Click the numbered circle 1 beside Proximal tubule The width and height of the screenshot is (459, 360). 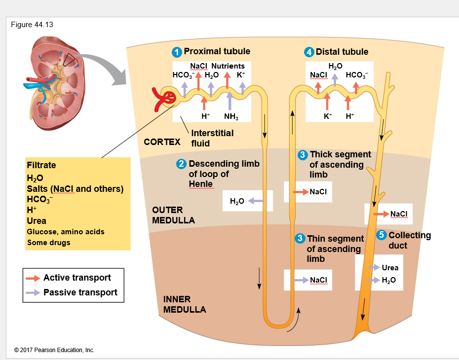click(177, 52)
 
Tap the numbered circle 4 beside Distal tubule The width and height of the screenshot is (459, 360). click(309, 52)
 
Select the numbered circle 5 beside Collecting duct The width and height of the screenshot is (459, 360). click(381, 235)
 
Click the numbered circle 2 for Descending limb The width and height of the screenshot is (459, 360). click(182, 164)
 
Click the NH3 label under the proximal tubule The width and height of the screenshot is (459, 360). click(230, 116)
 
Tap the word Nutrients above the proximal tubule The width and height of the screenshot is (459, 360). click(228, 66)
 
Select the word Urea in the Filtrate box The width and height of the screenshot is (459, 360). click(37, 221)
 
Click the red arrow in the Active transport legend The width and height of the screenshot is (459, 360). click(34, 278)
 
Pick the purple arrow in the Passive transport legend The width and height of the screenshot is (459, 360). click(34, 292)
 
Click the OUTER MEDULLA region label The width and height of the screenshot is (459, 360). click(173, 215)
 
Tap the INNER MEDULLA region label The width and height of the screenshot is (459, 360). click(184, 304)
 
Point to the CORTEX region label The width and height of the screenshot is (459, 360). click(162, 142)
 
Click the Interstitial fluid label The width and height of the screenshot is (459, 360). click(212, 138)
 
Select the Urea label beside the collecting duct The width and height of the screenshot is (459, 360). click(390, 267)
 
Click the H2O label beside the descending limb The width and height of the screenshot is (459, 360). click(236, 201)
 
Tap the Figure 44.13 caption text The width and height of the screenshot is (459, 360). click(32, 25)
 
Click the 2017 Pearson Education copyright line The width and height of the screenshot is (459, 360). click(54, 350)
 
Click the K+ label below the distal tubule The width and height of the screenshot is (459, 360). click(328, 116)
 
